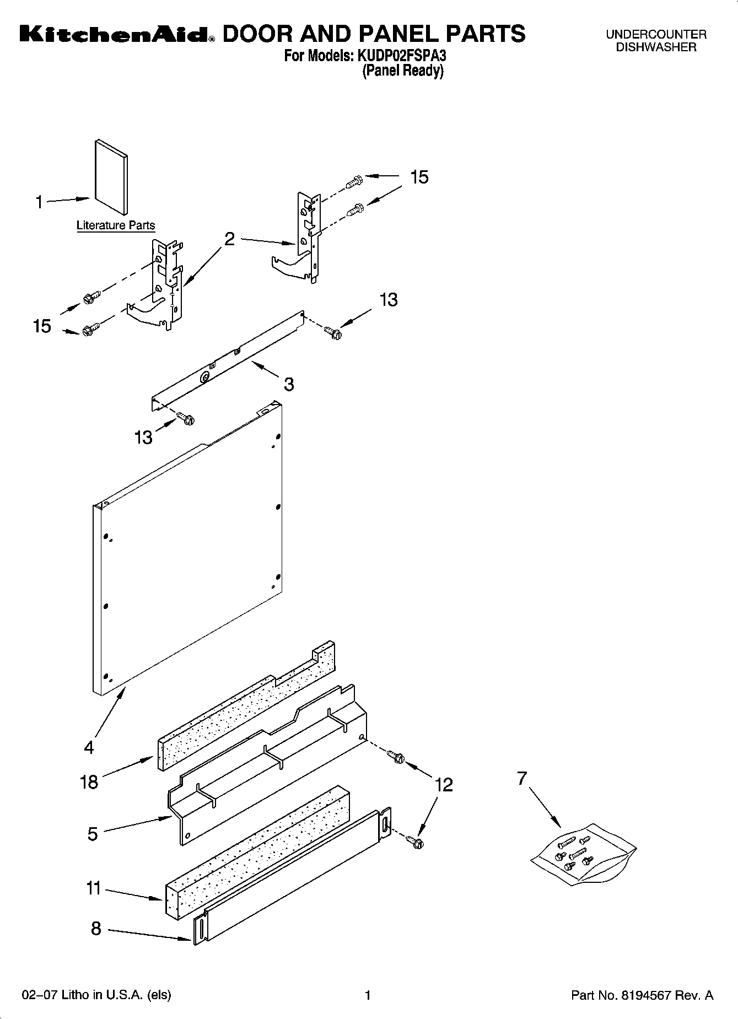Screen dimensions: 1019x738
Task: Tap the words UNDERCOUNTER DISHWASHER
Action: tap(656, 41)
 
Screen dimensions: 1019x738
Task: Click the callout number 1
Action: tap(39, 203)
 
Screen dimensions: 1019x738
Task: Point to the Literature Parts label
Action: tap(116, 225)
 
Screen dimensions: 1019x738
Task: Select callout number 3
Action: tap(289, 384)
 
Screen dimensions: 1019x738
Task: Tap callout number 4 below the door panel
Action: tap(89, 748)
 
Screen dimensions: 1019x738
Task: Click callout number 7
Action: tap(522, 778)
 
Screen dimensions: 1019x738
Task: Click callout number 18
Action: tap(89, 781)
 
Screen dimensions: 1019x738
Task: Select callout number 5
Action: tap(93, 834)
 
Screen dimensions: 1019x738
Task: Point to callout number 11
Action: tap(93, 888)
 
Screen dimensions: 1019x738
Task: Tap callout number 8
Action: tap(96, 929)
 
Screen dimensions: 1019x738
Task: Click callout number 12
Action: tap(444, 784)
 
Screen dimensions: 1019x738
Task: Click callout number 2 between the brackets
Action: tap(230, 239)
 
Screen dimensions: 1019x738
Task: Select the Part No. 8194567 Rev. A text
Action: tap(642, 995)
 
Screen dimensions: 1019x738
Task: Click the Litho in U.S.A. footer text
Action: tap(96, 995)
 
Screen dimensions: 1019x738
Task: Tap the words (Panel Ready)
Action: tap(403, 71)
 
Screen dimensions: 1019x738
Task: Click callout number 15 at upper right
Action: tap(419, 177)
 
